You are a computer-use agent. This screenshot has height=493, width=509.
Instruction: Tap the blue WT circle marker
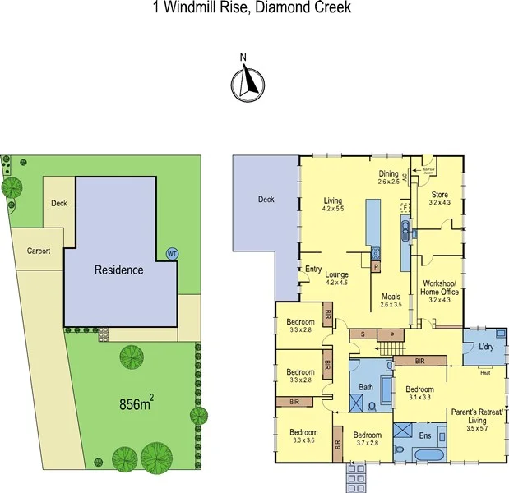pyautogui.click(x=172, y=254)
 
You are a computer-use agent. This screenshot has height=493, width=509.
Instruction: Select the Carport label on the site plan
pyautogui.click(x=39, y=251)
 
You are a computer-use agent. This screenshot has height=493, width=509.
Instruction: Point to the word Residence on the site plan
pyautogui.click(x=118, y=270)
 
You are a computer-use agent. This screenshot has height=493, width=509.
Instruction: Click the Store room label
pyautogui.click(x=441, y=193)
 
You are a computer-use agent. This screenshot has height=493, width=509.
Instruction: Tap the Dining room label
pyautogui.click(x=389, y=174)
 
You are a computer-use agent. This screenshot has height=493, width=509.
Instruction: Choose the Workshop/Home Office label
pyautogui.click(x=441, y=286)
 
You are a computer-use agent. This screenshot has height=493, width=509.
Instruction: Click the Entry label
pyautogui.click(x=313, y=269)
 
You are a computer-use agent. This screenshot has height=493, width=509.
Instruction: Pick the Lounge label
pyautogui.click(x=337, y=274)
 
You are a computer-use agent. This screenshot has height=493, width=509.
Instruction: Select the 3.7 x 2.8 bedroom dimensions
pyautogui.click(x=367, y=444)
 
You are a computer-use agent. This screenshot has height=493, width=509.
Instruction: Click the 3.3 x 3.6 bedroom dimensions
pyautogui.click(x=303, y=440)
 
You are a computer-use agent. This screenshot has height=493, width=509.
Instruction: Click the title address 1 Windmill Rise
pyautogui.click(x=205, y=8)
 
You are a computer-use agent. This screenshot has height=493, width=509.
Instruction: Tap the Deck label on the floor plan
pyautogui.click(x=265, y=199)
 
